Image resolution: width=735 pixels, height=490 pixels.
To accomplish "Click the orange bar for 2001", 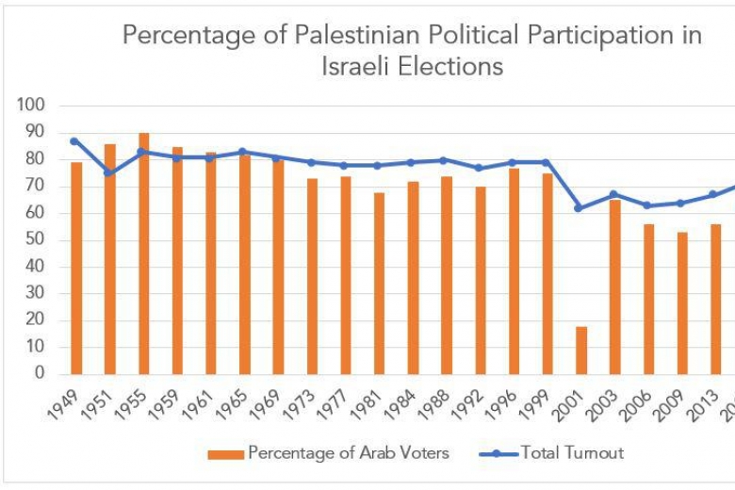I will point(581,350).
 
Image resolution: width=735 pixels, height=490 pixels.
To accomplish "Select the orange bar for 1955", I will point(143,253).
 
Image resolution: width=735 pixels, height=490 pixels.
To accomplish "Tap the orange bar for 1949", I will point(76,268).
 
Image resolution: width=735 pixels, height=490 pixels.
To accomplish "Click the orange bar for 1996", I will point(514,270).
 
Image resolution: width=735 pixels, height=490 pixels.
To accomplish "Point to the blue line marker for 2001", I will point(579,207).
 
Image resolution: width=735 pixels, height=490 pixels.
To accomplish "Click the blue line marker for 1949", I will point(73,140).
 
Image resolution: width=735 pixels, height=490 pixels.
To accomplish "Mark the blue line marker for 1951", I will point(108,172).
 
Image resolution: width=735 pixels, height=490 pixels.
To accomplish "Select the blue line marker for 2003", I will point(613,194).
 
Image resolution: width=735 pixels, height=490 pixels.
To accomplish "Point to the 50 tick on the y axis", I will point(35,239).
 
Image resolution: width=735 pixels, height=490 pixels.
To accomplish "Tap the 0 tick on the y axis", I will point(39,373).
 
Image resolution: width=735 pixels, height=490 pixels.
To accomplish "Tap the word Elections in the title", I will point(451,67).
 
